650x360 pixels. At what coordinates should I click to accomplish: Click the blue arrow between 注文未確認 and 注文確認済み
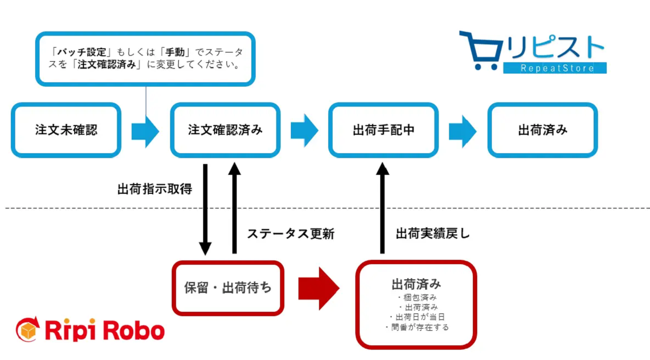(145, 132)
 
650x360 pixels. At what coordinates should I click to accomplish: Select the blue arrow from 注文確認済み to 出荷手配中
(304, 130)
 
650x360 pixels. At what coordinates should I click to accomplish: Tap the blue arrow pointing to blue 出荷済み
(463, 132)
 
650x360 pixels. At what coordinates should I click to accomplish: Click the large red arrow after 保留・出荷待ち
(319, 289)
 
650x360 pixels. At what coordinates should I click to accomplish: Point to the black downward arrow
(205, 210)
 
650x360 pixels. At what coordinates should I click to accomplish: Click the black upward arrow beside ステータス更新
(235, 208)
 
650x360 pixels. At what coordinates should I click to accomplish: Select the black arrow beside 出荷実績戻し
(382, 208)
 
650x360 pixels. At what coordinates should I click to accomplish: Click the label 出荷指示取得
(155, 189)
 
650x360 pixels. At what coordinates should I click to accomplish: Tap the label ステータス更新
(291, 234)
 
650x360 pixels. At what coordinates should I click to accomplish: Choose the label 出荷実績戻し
(433, 233)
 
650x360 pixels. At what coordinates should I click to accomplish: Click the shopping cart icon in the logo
(482, 50)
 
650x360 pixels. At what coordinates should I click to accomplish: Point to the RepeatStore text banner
(555, 68)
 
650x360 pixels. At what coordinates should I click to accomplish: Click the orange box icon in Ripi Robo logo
(28, 330)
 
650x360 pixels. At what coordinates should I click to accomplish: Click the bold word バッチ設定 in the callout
(82, 52)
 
